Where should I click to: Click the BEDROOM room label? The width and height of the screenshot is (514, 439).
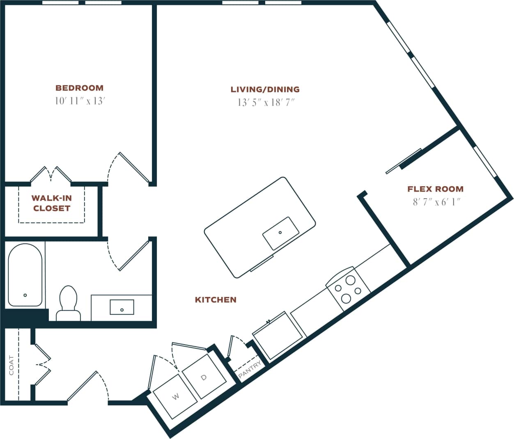point(79,88)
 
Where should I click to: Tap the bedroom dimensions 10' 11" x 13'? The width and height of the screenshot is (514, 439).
point(80,101)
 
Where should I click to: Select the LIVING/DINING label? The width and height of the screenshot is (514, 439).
point(265,89)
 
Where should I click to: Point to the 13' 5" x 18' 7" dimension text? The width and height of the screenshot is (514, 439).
point(266,103)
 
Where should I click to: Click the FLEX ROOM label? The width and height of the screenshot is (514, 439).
point(435,189)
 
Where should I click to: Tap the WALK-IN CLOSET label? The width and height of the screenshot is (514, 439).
point(52,203)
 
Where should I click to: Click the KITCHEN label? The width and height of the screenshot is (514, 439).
point(216,300)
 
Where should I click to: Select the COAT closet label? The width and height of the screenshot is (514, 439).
point(11,365)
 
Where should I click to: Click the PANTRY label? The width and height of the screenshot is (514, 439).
point(250,369)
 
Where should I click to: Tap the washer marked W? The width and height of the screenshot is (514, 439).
point(175,396)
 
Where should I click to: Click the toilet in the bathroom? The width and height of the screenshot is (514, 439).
point(68,304)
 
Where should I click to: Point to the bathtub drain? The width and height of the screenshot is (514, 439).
point(25,295)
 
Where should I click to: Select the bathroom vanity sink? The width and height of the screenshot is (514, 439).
point(122,307)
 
